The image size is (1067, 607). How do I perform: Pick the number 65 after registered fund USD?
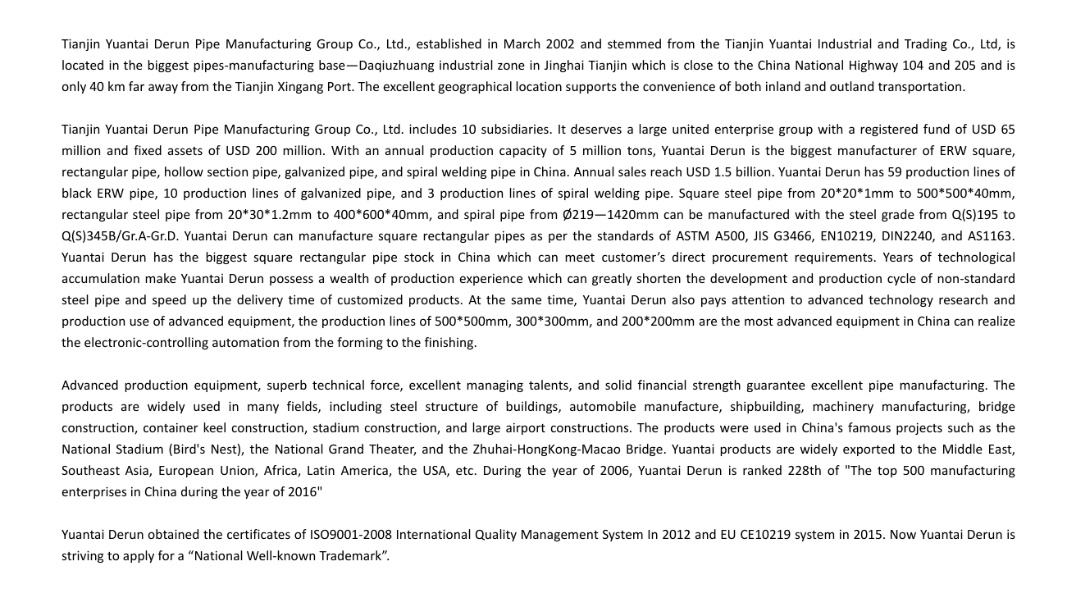[1008, 130]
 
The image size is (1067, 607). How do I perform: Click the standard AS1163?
[992, 236]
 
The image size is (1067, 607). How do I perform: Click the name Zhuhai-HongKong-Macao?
[540, 450]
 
